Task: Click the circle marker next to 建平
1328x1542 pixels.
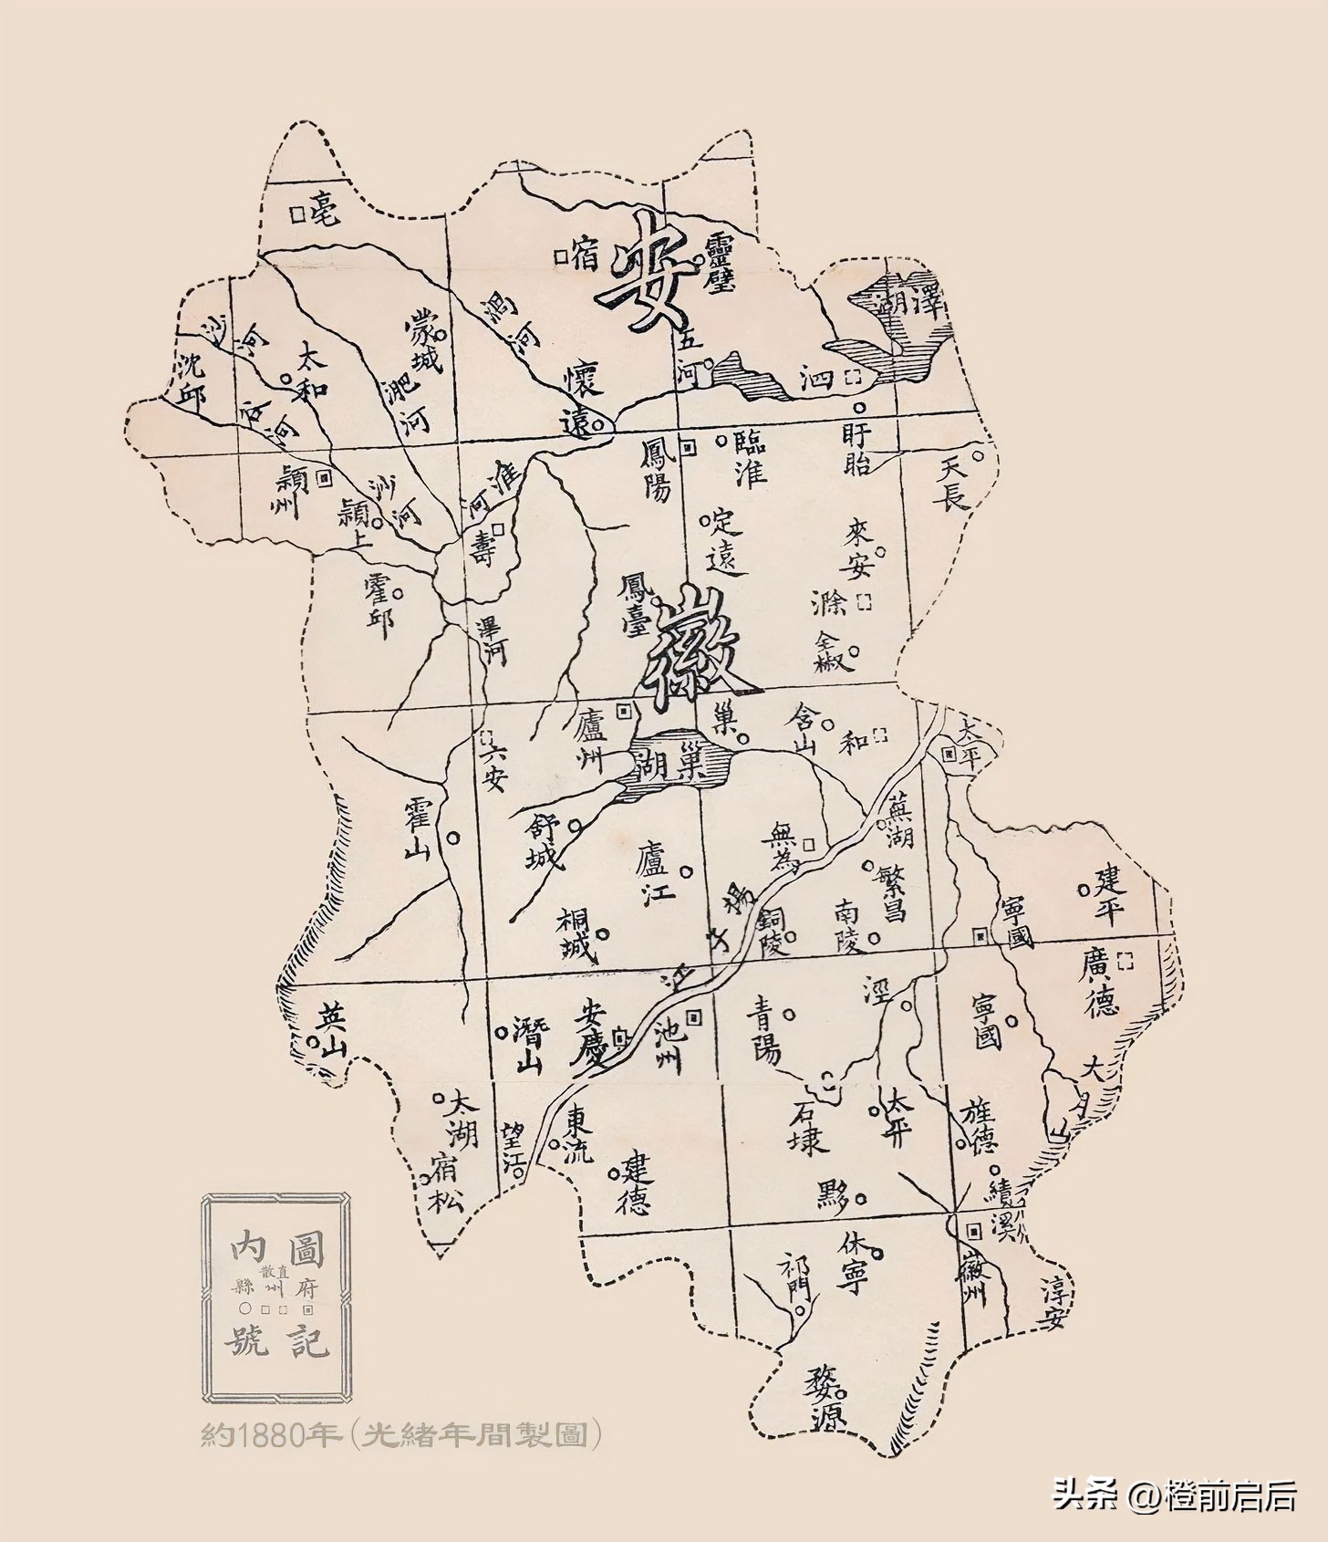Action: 1084,888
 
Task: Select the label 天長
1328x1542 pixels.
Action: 954,483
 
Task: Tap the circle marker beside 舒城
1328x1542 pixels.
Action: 575,826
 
